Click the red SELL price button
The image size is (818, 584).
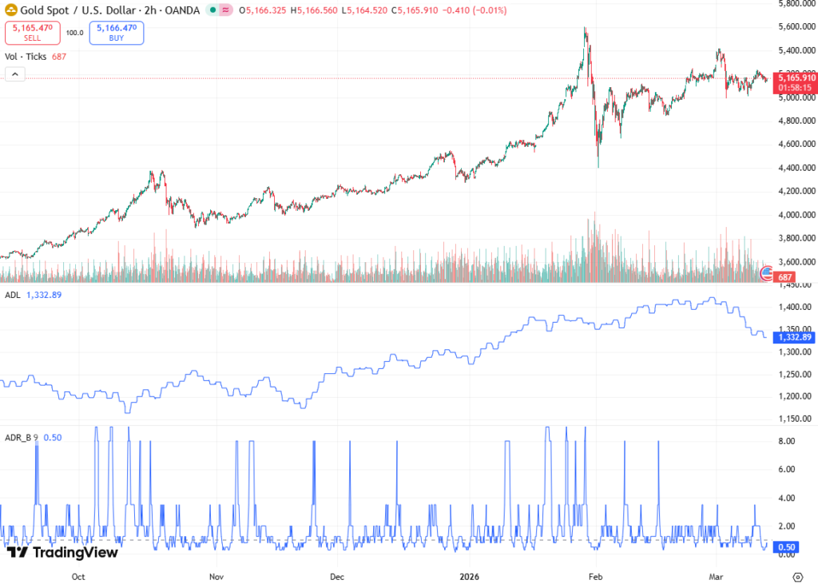tap(33, 33)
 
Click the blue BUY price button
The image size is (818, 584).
tap(117, 33)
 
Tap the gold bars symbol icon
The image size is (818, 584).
tap(11, 10)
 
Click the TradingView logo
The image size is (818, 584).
tap(62, 552)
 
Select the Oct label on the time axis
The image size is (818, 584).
tap(78, 575)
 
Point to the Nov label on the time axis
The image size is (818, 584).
tap(215, 575)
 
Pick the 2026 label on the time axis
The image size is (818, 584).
tap(470, 575)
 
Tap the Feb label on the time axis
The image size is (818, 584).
tap(594, 575)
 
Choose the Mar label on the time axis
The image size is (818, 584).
tap(716, 575)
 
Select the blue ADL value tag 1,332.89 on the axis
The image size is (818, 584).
tap(795, 337)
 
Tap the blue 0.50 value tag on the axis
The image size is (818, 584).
tap(787, 546)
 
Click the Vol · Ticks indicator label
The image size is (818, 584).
tap(26, 57)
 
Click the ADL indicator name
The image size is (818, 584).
tap(12, 295)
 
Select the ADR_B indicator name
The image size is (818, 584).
tap(18, 437)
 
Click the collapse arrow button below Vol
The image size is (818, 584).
tap(15, 74)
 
